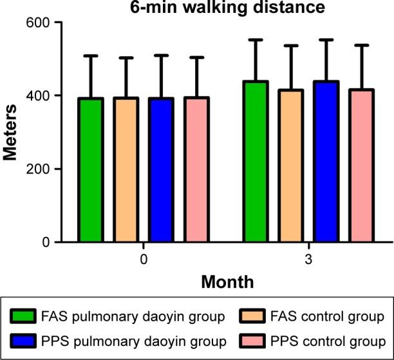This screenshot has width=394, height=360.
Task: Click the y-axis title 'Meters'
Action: tap(10, 132)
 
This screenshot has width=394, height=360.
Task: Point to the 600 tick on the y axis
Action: tap(42, 23)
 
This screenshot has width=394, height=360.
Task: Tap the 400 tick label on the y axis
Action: tap(42, 96)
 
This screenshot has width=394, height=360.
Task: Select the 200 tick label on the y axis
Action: tap(42, 169)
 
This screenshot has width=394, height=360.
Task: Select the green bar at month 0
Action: tap(90, 171)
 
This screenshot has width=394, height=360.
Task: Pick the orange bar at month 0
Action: tap(126, 171)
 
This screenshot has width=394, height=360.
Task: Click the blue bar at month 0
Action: tap(160, 171)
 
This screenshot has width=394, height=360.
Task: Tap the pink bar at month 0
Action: tap(196, 171)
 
